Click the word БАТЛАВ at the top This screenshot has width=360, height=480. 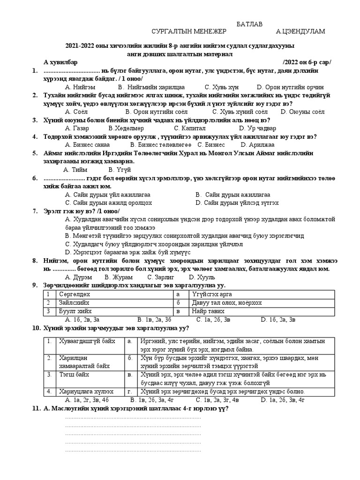click(x=249, y=24)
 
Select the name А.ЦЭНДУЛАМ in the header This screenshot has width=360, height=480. click(x=300, y=31)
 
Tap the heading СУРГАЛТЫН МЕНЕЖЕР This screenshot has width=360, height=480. click(x=189, y=31)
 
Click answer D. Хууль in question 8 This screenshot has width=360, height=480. click(x=240, y=277)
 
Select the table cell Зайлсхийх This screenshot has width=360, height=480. click(x=73, y=302)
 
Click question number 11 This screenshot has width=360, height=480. click(x=37, y=408)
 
